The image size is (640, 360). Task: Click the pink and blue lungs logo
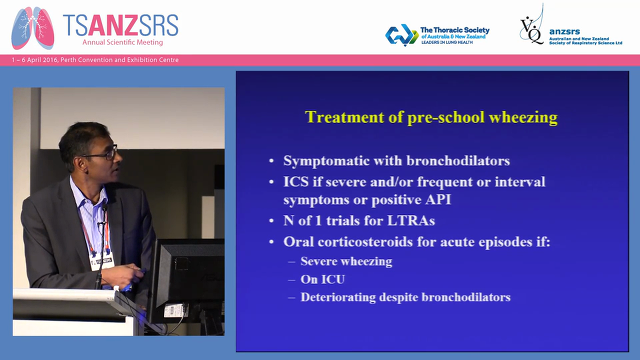[x=32, y=28]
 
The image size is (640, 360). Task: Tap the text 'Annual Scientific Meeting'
[x=122, y=42]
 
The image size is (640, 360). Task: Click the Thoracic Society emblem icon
[x=401, y=34]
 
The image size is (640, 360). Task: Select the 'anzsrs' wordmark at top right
[x=564, y=31]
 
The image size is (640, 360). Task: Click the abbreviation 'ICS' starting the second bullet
[x=295, y=181]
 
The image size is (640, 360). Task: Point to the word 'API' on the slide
[x=436, y=199]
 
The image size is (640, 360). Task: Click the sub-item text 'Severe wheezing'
[x=346, y=261]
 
